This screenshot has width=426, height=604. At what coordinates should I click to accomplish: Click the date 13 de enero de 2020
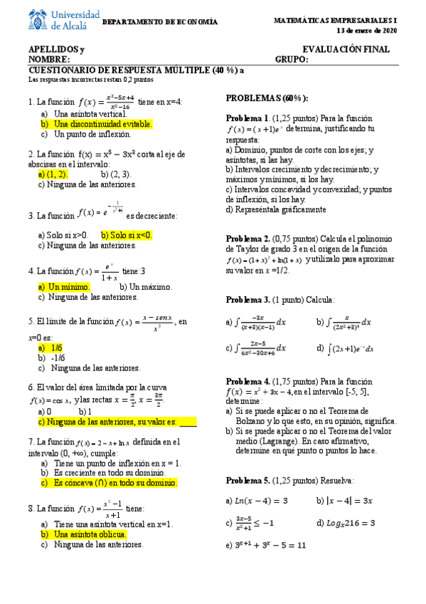pyautogui.click(x=368, y=31)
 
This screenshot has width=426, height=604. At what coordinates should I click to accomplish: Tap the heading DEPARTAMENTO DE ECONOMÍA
pyautogui.click(x=161, y=22)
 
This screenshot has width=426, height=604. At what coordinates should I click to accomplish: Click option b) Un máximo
pyautogui.click(x=149, y=286)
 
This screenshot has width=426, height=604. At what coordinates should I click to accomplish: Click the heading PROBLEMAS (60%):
pyautogui.click(x=267, y=98)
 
